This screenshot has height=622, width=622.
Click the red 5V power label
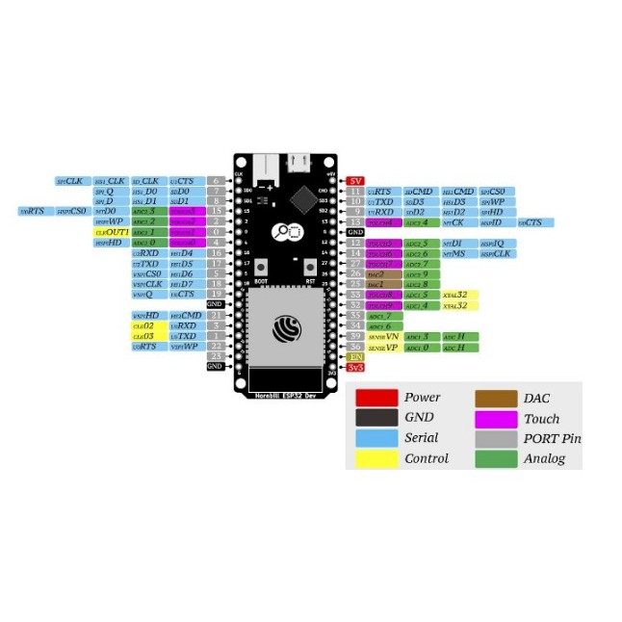coord(355,180)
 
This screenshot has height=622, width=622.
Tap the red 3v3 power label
coord(355,367)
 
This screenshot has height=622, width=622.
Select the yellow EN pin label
coord(355,357)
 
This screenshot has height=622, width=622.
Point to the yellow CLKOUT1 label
coord(111,232)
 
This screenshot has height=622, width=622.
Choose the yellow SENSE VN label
coord(383,336)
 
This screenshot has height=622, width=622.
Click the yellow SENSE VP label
coord(383,347)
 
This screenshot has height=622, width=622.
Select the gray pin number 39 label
coord(355,336)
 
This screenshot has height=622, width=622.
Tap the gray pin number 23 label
coord(216,356)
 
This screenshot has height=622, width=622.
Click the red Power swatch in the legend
coord(376,398)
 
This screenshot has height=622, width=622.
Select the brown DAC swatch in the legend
coord(497,398)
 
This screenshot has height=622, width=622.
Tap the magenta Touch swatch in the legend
coord(497,419)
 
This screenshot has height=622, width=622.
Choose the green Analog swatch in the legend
coord(497,458)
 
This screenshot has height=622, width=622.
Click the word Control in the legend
coord(427,458)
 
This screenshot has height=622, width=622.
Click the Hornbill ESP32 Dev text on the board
coord(285,395)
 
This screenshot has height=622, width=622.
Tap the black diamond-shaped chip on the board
coord(303,200)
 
